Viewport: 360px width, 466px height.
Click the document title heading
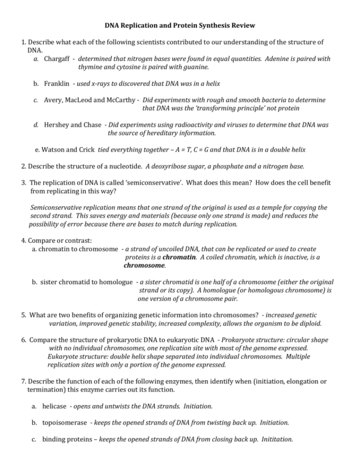180,25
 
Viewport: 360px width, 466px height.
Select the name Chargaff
58,59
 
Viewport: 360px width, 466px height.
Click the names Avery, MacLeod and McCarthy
88,100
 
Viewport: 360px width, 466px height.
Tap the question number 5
24,315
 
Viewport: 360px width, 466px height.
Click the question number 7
24,381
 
